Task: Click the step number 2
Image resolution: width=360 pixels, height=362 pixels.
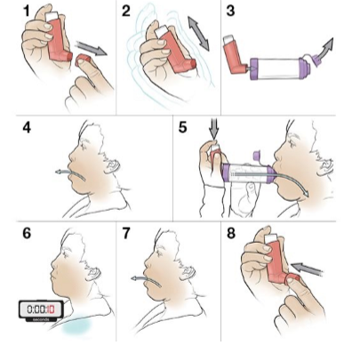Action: click(x=126, y=13)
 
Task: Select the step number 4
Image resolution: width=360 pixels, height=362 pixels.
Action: click(x=27, y=127)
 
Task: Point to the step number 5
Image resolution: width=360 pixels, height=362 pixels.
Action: click(x=183, y=127)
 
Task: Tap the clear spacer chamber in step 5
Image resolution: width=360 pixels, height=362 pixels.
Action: click(x=248, y=171)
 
